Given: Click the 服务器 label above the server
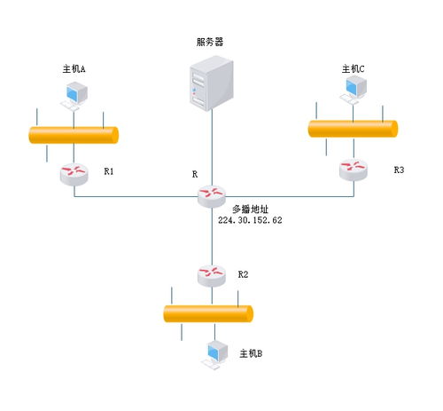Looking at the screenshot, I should coord(210,42).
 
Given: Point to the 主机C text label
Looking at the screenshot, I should coord(354,68).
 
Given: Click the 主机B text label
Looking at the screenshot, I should coord(251,353).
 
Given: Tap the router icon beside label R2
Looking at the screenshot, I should coord(212,274).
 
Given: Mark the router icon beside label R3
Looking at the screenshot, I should coord(354,168).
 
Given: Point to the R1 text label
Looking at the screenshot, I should coord(109,170).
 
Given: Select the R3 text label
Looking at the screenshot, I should coord(399,169).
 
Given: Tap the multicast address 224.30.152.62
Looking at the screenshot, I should coord(250,218).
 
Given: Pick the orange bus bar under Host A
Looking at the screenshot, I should coord(74,135).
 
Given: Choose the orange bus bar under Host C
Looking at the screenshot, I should coord(353,129).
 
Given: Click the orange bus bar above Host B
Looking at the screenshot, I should coord(208,313).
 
